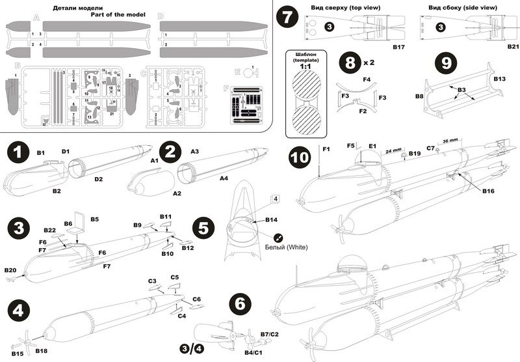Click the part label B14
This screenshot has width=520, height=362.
[272, 220]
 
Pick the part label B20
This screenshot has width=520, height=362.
[10, 270]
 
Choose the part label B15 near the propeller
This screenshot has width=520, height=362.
[18, 354]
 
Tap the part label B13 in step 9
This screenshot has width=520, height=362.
[499, 78]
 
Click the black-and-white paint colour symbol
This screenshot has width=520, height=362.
[279, 238]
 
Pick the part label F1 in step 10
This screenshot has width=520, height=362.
[326, 150]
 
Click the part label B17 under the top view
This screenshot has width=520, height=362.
[398, 47]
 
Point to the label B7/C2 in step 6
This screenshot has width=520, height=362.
[270, 334]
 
